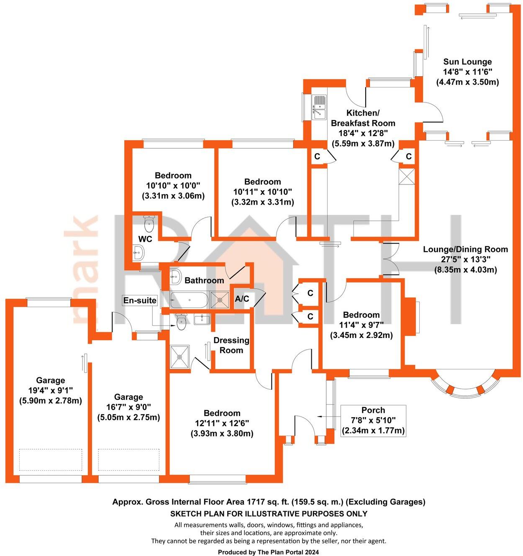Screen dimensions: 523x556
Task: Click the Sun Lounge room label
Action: click(467, 62)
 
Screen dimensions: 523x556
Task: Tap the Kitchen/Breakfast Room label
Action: click(363, 118)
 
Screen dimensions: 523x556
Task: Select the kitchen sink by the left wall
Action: click(319, 107)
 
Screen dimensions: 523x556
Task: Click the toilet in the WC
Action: click(149, 224)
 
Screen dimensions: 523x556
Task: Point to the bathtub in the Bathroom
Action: click(189, 300)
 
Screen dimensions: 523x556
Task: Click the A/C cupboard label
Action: click(242, 299)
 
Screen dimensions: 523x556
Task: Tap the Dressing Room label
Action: click(231, 345)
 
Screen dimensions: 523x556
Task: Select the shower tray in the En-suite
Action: click(180, 357)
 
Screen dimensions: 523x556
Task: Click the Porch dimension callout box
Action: click(373, 420)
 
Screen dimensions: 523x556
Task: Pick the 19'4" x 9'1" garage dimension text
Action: click(51, 400)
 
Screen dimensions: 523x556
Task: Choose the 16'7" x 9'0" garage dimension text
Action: click(128, 417)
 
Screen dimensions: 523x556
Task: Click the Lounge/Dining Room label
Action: click(465, 249)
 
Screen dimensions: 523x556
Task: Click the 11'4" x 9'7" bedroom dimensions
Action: click(361, 325)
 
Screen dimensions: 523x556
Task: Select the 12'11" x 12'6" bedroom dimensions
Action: click(222, 423)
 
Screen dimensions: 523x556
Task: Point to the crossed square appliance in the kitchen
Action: click(406, 176)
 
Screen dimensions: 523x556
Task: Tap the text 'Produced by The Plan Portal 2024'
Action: click(268, 552)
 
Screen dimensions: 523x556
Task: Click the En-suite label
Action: click(140, 300)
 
